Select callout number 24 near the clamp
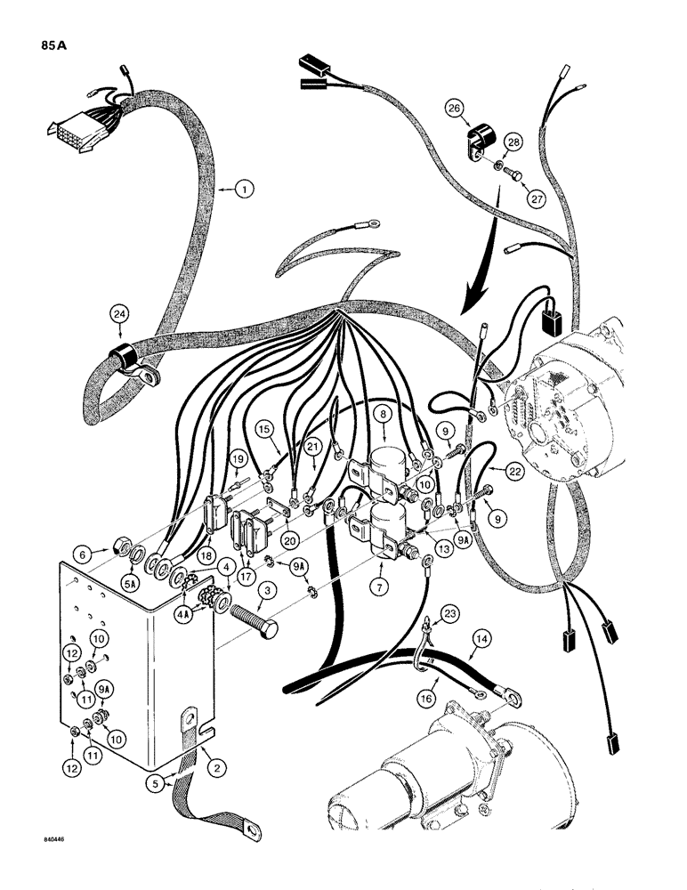point(119,313)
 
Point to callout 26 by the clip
point(456,109)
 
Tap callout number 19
point(238,459)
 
